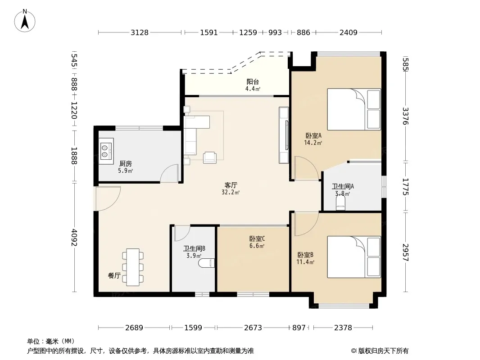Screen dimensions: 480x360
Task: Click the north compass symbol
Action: point(25,20)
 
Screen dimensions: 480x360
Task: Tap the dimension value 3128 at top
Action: point(140,32)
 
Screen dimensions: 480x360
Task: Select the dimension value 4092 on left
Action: point(74,238)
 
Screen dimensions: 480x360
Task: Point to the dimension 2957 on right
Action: point(406,252)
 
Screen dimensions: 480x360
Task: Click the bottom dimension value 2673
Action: point(253,328)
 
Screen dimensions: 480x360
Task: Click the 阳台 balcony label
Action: point(253,81)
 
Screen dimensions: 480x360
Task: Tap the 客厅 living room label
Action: point(231,185)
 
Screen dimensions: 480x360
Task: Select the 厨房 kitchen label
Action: point(126,164)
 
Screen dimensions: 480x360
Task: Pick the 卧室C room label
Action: point(257,238)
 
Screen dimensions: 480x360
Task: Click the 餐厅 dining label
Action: point(114,275)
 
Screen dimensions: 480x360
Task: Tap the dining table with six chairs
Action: point(133,267)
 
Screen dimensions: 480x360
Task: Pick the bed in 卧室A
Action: point(354,109)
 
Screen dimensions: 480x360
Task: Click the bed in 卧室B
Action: point(354,257)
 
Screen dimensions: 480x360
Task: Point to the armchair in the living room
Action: point(210,157)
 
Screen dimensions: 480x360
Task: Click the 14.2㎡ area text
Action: point(313,143)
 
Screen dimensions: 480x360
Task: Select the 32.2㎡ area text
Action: point(231,193)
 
